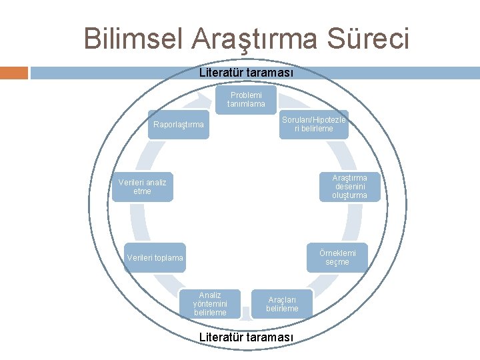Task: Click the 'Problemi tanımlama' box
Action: (245, 100)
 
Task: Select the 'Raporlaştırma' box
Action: (178, 124)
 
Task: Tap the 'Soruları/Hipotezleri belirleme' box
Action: (313, 124)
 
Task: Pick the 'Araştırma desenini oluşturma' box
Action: (349, 187)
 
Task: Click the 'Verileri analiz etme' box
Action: (143, 187)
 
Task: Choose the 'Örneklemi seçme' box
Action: (337, 257)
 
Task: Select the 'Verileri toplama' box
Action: (155, 258)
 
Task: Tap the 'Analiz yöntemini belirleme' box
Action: (210, 304)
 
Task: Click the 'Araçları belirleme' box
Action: (282, 304)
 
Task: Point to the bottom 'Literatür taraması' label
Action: (246, 337)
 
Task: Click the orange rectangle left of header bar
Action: (14, 73)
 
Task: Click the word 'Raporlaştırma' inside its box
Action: (178, 125)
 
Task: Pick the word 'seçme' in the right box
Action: (337, 262)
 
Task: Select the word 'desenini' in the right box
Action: (349, 187)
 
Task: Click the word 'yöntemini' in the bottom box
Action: (210, 304)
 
